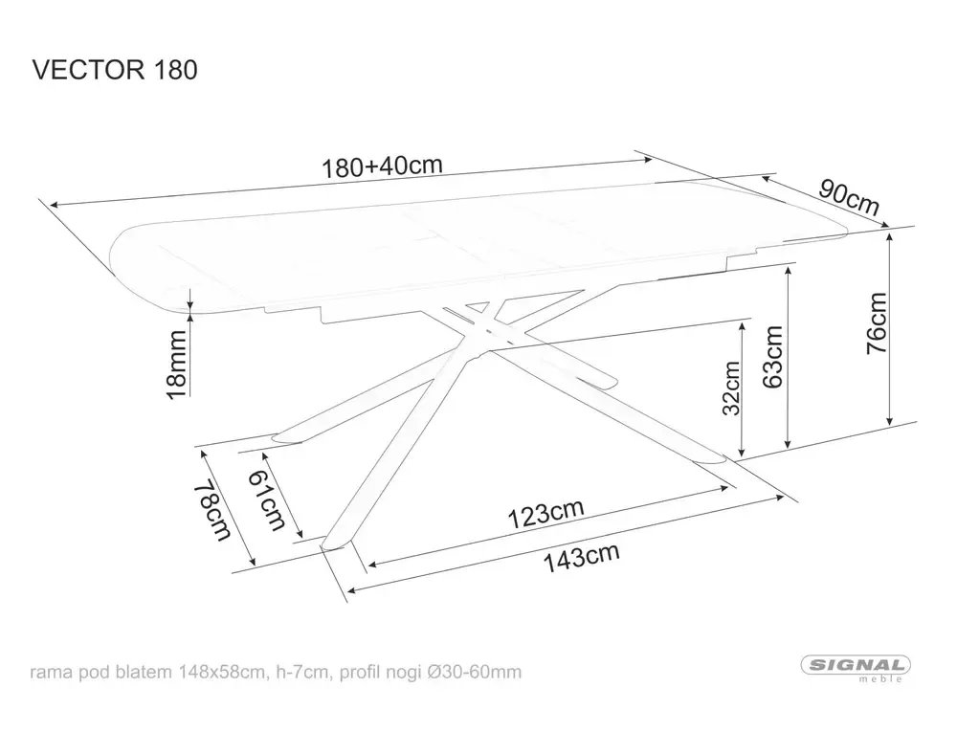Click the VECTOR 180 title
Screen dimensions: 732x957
tap(115, 70)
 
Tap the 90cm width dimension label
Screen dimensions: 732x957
tap(848, 197)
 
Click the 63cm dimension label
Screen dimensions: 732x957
tap(772, 356)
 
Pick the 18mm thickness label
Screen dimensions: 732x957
tap(175, 364)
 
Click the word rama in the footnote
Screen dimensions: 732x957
tap(51, 672)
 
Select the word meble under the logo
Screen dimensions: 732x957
tap(884, 680)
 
